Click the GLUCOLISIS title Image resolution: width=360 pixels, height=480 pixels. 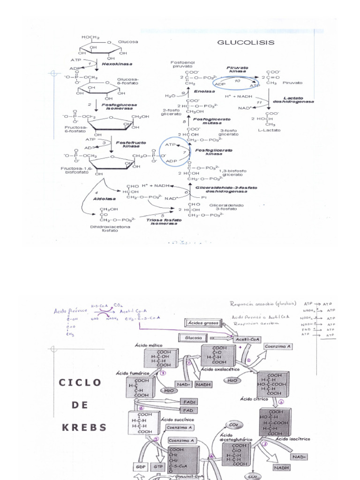pyautogui.click(x=245, y=42)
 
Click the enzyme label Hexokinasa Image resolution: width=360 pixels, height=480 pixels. pyautogui.click(x=117, y=64)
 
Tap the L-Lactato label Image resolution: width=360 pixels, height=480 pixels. pyautogui.click(x=269, y=130)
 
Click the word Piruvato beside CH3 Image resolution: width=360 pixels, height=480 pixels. pyautogui.click(x=292, y=82)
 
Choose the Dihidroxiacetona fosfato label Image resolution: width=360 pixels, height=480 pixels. pyautogui.click(x=110, y=229)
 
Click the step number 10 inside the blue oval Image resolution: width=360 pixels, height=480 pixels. pyautogui.click(x=237, y=81)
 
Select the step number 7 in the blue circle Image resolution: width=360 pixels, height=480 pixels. pyautogui.click(x=184, y=152)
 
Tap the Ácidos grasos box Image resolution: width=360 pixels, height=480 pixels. pyautogui.click(x=204, y=323)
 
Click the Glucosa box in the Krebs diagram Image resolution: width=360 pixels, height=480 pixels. pyautogui.click(x=193, y=337)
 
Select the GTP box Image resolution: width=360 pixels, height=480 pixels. pyautogui.click(x=157, y=467)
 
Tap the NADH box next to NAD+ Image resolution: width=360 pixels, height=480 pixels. pyautogui.click(x=203, y=384)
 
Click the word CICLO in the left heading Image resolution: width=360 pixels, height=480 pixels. pyautogui.click(x=80, y=382)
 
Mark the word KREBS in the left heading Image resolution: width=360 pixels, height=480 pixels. pyautogui.click(x=83, y=427)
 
